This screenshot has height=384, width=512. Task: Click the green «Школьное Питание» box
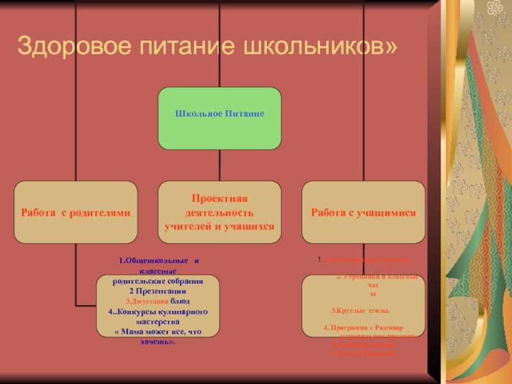click(220, 118)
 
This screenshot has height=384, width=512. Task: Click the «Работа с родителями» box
click(76, 212)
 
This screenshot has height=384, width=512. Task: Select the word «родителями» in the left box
click(101, 212)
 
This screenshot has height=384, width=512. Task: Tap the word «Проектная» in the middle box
click(220, 200)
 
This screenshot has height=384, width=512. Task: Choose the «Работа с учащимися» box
click(364, 212)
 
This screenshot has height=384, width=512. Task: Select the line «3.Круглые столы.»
click(352, 310)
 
